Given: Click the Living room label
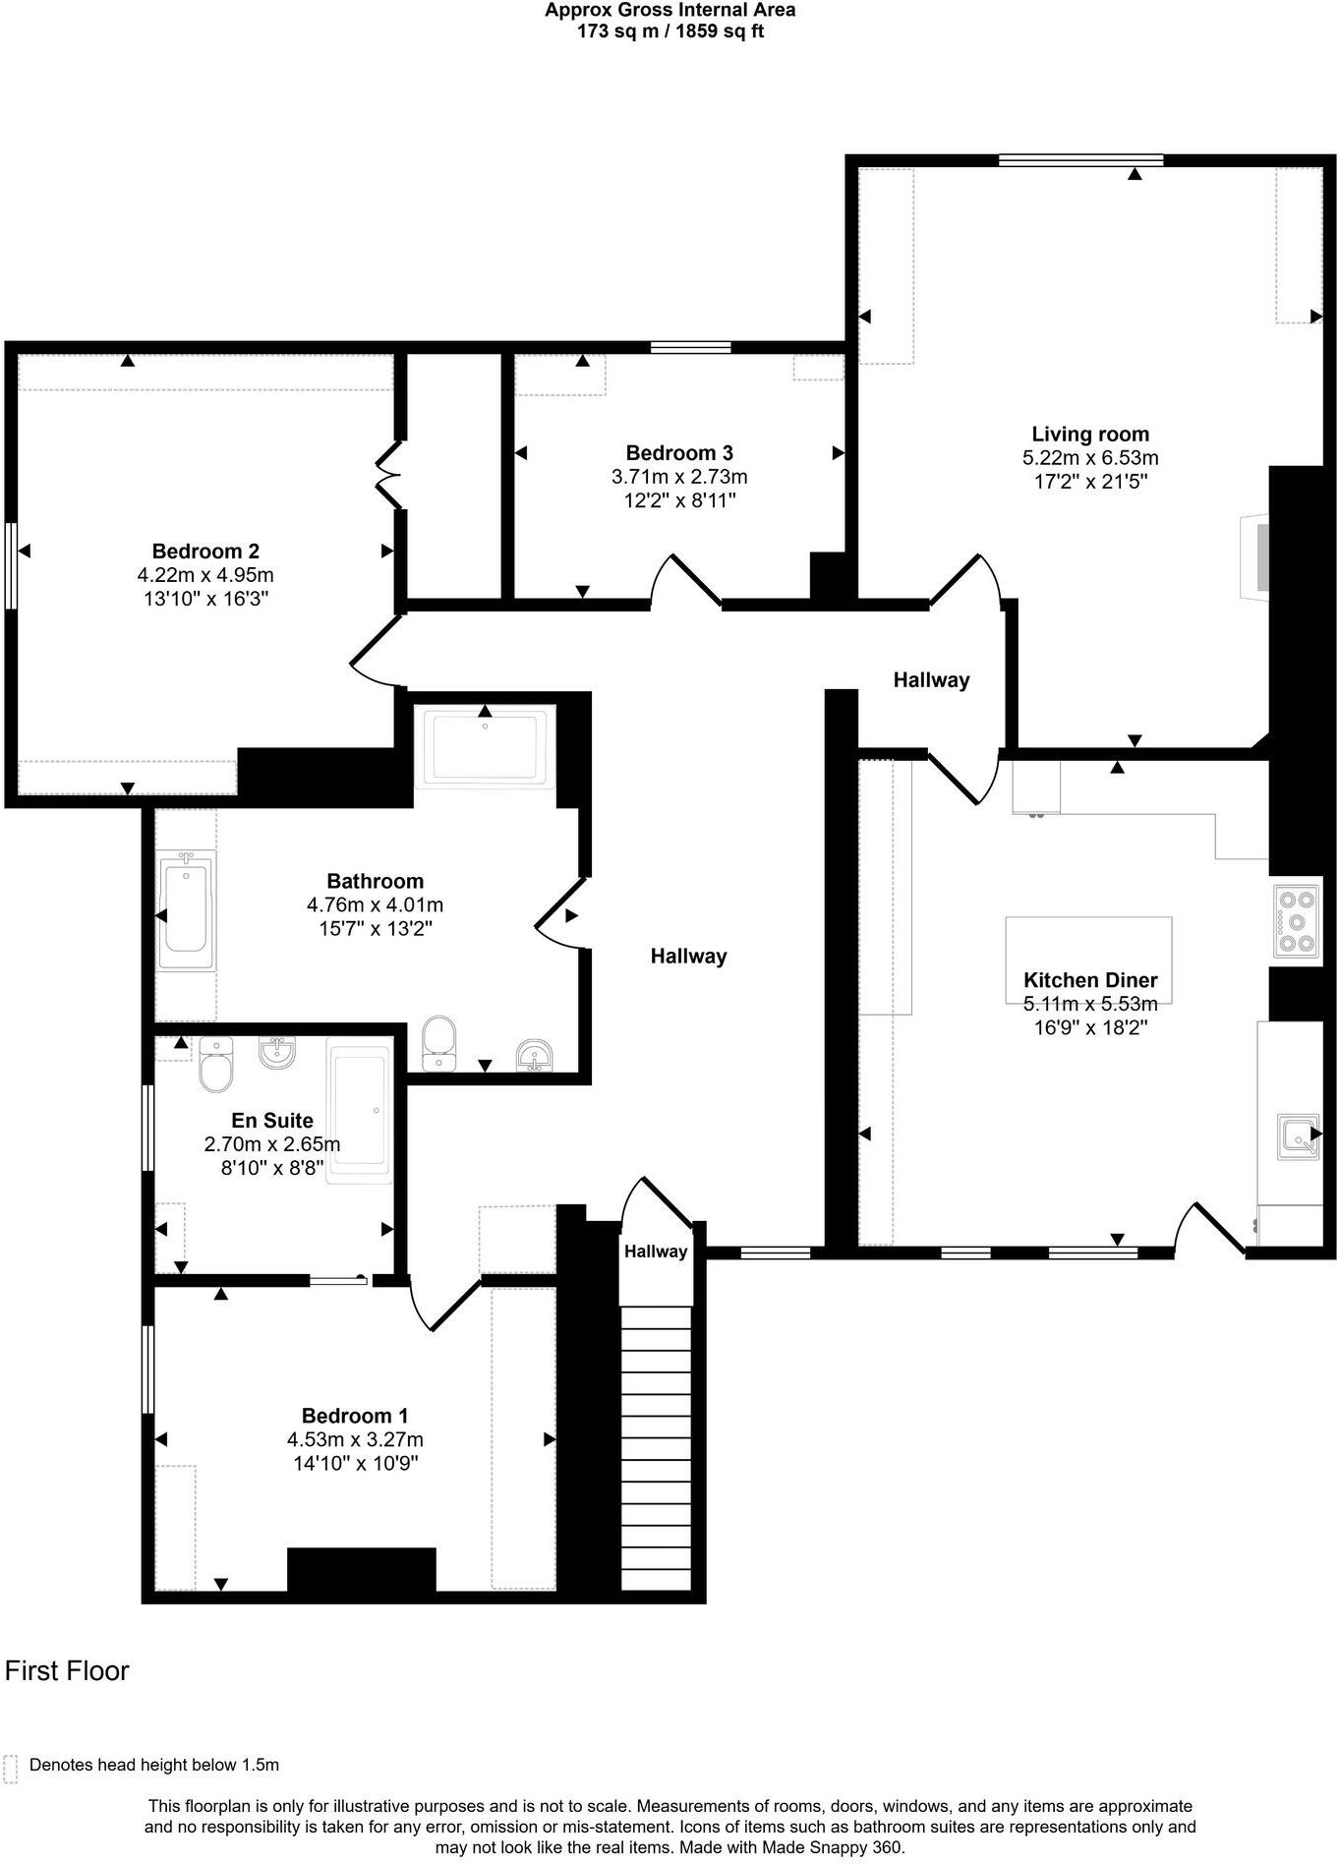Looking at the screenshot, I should point(1089,434).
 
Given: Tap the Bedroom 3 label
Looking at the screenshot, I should point(679,453).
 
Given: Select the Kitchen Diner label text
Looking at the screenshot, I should point(1090,980).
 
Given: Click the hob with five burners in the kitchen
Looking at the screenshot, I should point(1295,921).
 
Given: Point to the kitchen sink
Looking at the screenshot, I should point(1297,1137).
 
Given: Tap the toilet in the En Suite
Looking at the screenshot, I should point(215,1063).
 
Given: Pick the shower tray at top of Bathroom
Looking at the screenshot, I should point(485,747).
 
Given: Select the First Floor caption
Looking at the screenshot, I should point(67,1671).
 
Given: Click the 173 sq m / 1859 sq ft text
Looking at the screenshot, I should point(669,30).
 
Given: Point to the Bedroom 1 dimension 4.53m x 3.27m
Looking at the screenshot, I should point(355,1439).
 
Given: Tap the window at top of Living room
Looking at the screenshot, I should point(1081,159).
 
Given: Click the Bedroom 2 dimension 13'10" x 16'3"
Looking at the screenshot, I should point(205,599).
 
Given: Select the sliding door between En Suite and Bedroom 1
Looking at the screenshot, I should point(338,1280).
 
